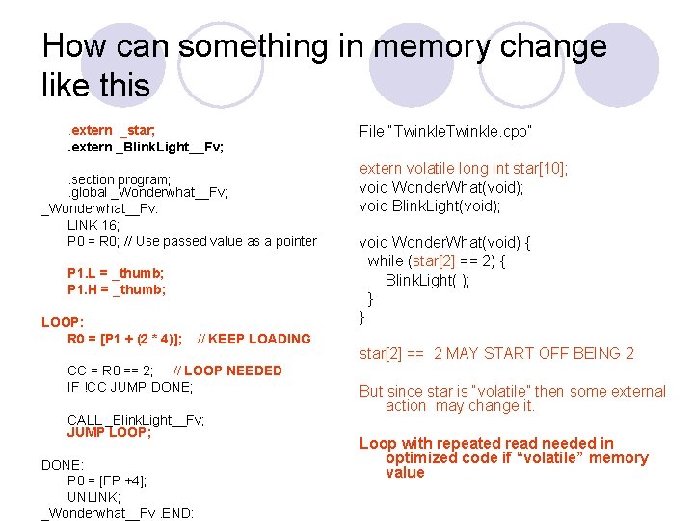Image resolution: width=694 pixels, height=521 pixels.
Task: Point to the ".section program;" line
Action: point(120,179)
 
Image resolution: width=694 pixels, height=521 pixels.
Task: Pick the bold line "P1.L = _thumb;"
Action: point(117,273)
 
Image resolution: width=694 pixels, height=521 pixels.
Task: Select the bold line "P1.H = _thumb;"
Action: point(117,289)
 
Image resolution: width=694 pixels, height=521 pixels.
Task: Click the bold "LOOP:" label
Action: point(63,322)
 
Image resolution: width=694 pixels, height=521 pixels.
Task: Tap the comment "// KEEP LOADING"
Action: point(254,339)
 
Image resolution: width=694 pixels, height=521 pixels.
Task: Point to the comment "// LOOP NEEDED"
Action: point(227,370)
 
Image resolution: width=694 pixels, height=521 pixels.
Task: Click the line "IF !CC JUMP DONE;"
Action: point(130,387)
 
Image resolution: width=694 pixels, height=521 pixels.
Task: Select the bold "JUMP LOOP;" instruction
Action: point(109,433)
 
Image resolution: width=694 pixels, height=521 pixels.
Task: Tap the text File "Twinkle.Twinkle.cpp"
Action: point(445,130)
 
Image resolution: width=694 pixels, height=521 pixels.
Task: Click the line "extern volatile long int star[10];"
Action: point(464,169)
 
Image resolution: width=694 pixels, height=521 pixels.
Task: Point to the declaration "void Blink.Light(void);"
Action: point(430,206)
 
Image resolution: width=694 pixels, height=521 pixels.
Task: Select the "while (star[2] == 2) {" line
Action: point(436,261)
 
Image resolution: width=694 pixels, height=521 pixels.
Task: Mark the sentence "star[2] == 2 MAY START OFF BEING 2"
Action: point(496,354)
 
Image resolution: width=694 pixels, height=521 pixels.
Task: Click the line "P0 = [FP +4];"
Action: point(107,480)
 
